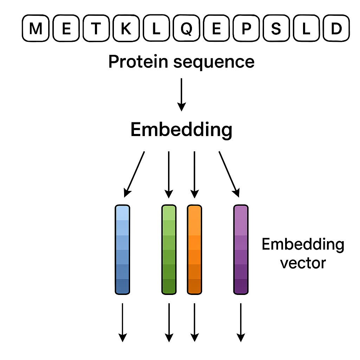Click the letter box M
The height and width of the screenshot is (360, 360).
point(36,28)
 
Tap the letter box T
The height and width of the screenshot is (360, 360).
point(96,28)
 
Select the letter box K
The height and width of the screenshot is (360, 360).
point(126,28)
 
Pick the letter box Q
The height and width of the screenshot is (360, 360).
point(186,28)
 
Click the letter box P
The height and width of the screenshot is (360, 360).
point(246,28)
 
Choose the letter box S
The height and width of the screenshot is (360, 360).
point(276,28)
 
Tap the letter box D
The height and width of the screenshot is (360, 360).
point(336,28)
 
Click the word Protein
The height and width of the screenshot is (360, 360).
point(139,62)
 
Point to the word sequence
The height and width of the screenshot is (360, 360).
point(214,63)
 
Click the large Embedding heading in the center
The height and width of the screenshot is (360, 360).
point(181,130)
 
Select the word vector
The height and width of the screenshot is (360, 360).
point(303,263)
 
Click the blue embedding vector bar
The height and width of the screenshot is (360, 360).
point(122,250)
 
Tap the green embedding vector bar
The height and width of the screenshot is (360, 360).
point(169,250)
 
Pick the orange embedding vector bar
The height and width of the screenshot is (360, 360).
point(194,250)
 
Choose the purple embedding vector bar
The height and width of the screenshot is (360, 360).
point(241,250)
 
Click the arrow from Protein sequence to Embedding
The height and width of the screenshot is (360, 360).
point(181,95)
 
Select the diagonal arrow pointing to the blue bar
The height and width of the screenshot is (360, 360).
point(134,174)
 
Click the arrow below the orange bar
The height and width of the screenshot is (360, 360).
point(194,323)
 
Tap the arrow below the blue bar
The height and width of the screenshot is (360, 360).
point(122,323)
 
